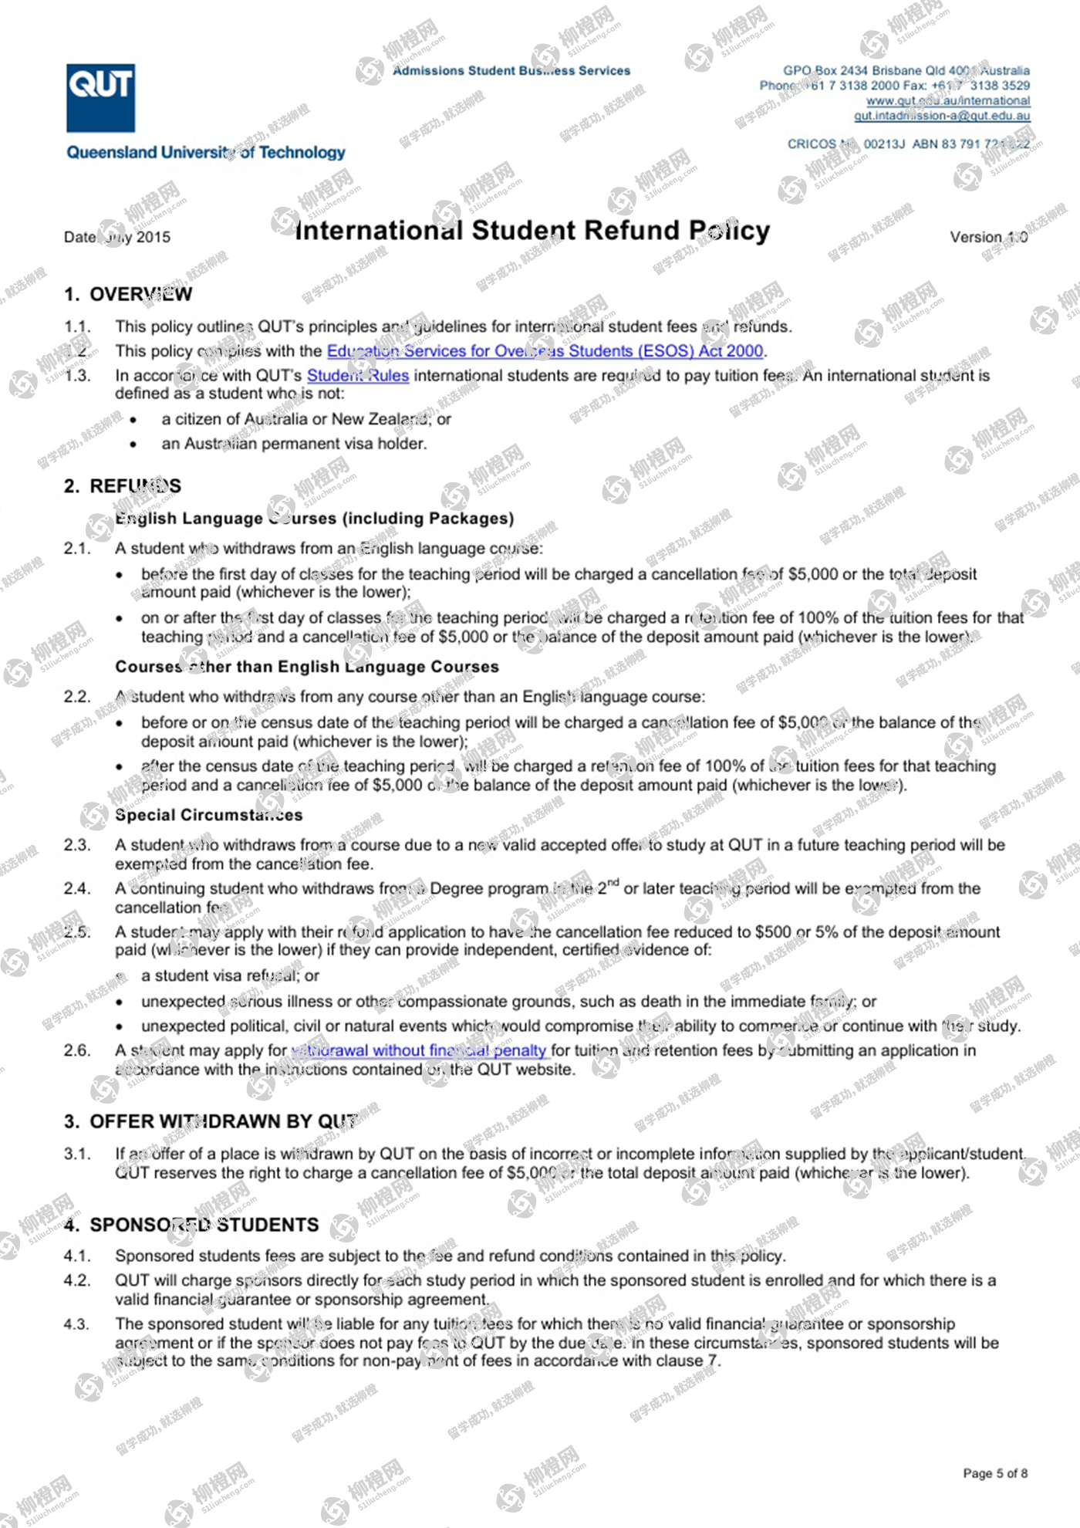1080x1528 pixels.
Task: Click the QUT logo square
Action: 100,98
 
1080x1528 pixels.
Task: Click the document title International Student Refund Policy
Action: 532,230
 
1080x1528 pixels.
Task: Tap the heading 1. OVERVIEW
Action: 128,294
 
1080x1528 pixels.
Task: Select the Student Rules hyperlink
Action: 358,376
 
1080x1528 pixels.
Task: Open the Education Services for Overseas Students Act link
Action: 545,351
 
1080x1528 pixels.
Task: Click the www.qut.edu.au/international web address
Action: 947,101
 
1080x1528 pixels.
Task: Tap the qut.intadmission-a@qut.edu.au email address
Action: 941,116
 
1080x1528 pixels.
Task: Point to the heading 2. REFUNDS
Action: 123,486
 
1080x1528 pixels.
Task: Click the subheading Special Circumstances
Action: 208,815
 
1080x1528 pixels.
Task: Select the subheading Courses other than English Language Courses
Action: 307,667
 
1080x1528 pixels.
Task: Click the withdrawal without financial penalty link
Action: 418,1050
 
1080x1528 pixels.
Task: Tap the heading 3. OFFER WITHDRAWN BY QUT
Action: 211,1121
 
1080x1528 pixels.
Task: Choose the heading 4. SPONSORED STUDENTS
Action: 191,1225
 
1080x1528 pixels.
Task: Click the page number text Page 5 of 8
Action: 994,1473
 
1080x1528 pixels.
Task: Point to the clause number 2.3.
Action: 77,845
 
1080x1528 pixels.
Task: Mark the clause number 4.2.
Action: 77,1280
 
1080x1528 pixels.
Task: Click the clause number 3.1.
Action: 77,1154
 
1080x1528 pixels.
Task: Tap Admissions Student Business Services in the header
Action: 511,71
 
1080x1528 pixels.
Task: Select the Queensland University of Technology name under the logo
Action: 206,153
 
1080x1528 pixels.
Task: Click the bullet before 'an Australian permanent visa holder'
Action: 133,445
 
